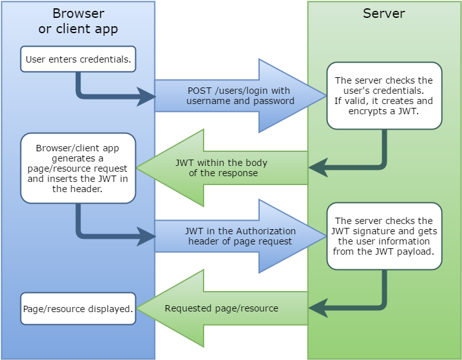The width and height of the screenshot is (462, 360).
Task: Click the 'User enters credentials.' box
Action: click(78, 60)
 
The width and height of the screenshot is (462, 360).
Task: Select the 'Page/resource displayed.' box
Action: click(78, 308)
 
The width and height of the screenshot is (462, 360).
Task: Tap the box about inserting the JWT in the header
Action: click(78, 168)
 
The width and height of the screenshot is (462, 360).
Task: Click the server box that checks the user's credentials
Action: click(384, 96)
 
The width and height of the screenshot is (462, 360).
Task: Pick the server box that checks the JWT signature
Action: click(384, 236)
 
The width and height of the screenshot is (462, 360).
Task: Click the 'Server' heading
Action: click(384, 13)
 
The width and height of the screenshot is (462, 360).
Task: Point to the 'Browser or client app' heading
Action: click(78, 21)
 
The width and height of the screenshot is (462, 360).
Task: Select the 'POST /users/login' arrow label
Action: click(239, 96)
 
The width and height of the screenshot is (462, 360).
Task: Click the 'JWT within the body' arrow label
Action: click(221, 168)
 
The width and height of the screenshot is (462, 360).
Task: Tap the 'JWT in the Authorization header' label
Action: click(239, 236)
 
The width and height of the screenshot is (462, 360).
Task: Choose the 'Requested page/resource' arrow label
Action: click(221, 308)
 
